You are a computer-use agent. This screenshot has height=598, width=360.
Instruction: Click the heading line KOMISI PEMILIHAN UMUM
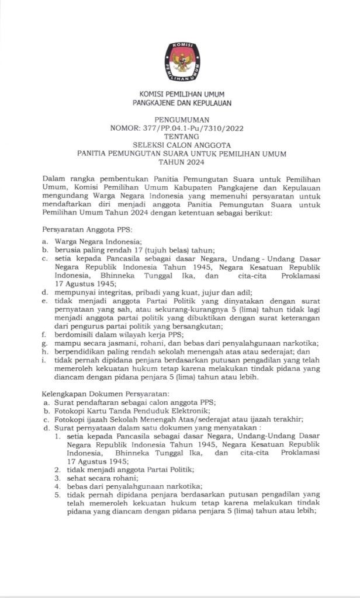181,94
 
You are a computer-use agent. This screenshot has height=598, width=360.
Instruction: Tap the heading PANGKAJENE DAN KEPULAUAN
181,103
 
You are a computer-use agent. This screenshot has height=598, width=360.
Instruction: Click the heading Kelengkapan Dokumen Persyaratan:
106,394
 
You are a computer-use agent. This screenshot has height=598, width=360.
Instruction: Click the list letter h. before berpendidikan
45,352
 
